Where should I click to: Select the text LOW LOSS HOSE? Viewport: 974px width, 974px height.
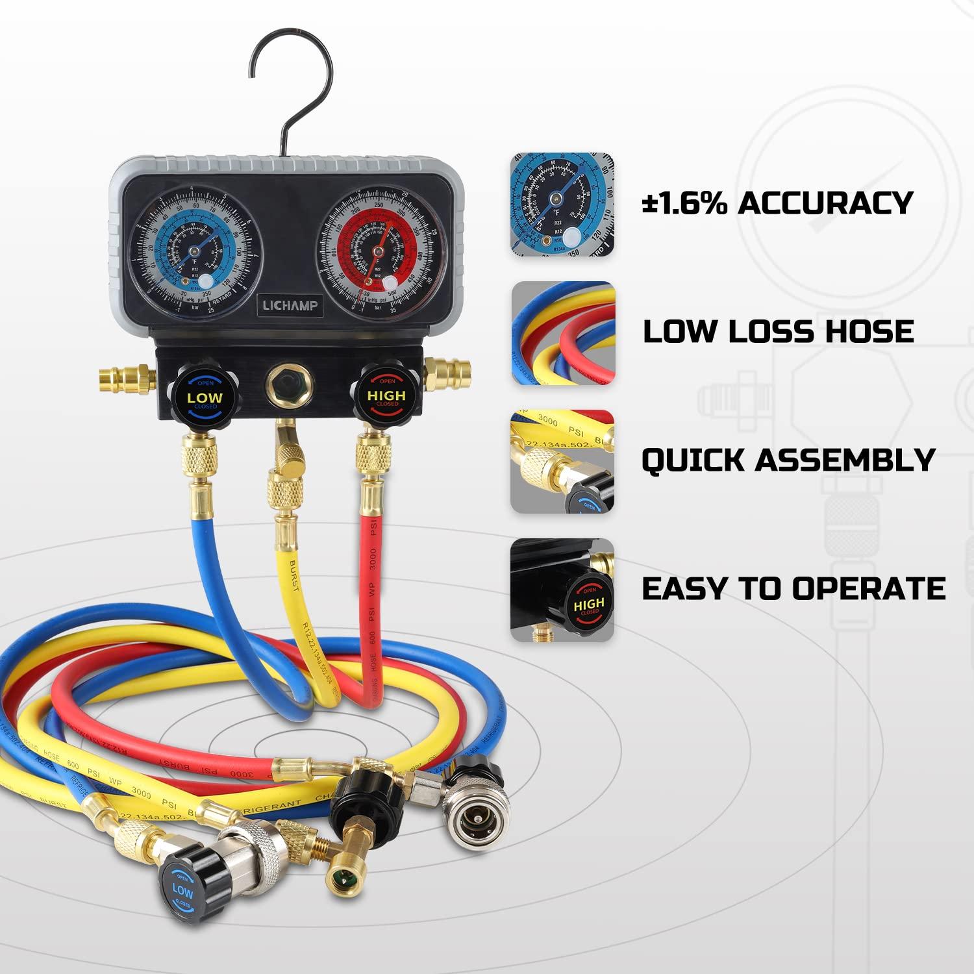click(778, 331)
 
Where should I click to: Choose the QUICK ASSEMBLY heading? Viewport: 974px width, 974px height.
click(788, 460)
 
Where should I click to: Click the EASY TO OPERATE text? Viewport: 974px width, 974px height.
click(793, 588)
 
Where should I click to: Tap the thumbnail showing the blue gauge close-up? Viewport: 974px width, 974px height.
click(562, 204)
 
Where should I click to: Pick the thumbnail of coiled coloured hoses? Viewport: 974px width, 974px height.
click(562, 332)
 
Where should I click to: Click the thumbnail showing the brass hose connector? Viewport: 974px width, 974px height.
click(562, 461)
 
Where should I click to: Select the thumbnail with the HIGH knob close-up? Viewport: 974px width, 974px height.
click(562, 590)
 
